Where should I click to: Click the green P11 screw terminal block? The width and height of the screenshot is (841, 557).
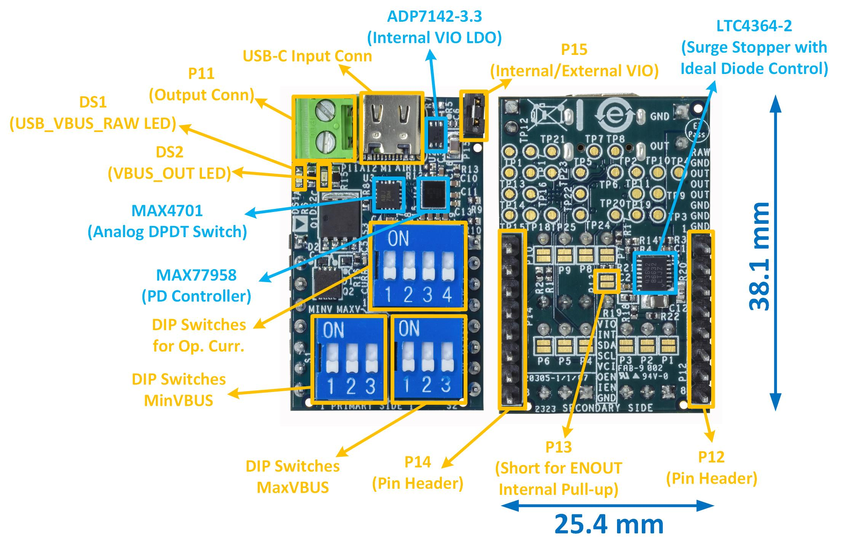click(324, 128)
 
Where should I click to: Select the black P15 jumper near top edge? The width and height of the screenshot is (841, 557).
click(474, 116)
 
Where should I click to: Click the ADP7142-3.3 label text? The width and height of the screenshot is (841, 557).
click(434, 27)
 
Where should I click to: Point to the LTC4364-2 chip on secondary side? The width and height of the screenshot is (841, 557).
click(655, 273)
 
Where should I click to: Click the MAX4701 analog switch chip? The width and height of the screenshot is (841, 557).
click(389, 194)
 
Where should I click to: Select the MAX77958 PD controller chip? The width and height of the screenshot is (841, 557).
click(433, 194)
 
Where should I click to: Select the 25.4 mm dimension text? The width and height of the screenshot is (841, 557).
click(609, 524)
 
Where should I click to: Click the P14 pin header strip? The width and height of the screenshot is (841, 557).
click(512, 320)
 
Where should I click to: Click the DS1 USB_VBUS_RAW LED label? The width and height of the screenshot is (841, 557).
click(93, 113)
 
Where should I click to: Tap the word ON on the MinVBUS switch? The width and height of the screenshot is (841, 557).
click(334, 331)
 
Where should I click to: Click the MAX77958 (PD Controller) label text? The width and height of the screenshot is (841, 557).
click(196, 286)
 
